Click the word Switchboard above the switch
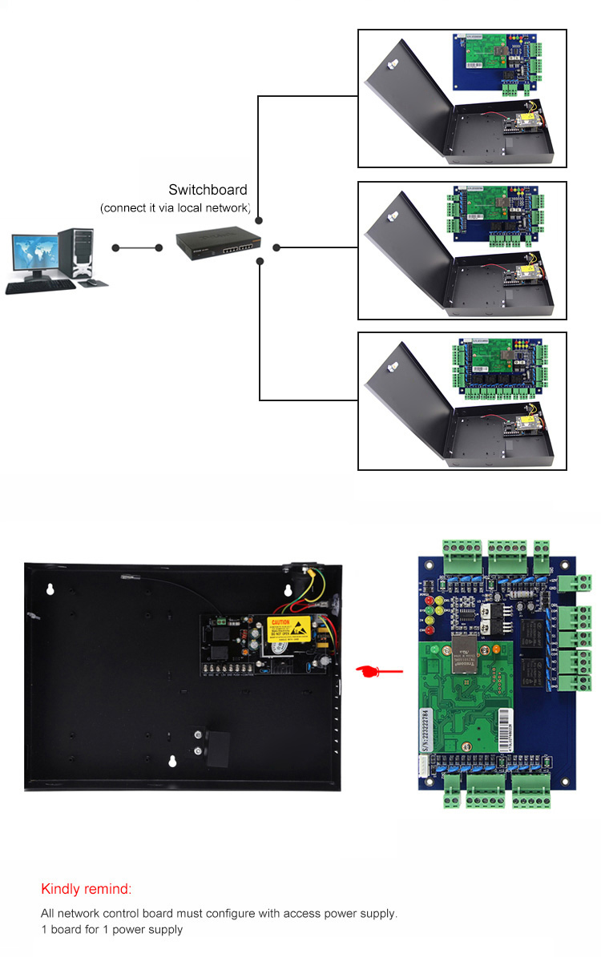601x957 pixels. (x=208, y=190)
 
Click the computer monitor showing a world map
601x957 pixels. (x=34, y=255)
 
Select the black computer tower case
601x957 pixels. (x=76, y=255)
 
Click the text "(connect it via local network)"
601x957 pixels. (x=175, y=208)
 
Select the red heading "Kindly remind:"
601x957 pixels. (x=86, y=889)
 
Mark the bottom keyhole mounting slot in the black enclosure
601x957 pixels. (x=171, y=762)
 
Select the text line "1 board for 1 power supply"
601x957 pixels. (x=112, y=930)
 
